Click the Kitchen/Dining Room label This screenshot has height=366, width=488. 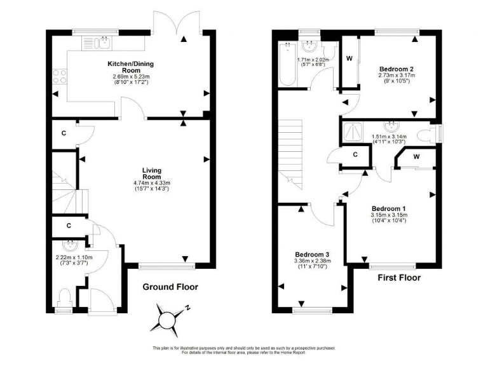click(x=130, y=67)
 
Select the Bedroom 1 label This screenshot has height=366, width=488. click(x=388, y=208)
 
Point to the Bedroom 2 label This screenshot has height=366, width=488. click(x=396, y=68)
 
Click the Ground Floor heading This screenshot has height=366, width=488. click(x=170, y=287)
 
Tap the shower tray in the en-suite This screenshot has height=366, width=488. click(x=351, y=132)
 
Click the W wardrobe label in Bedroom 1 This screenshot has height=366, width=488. click(x=416, y=157)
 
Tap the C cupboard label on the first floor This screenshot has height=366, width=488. click(x=355, y=154)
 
